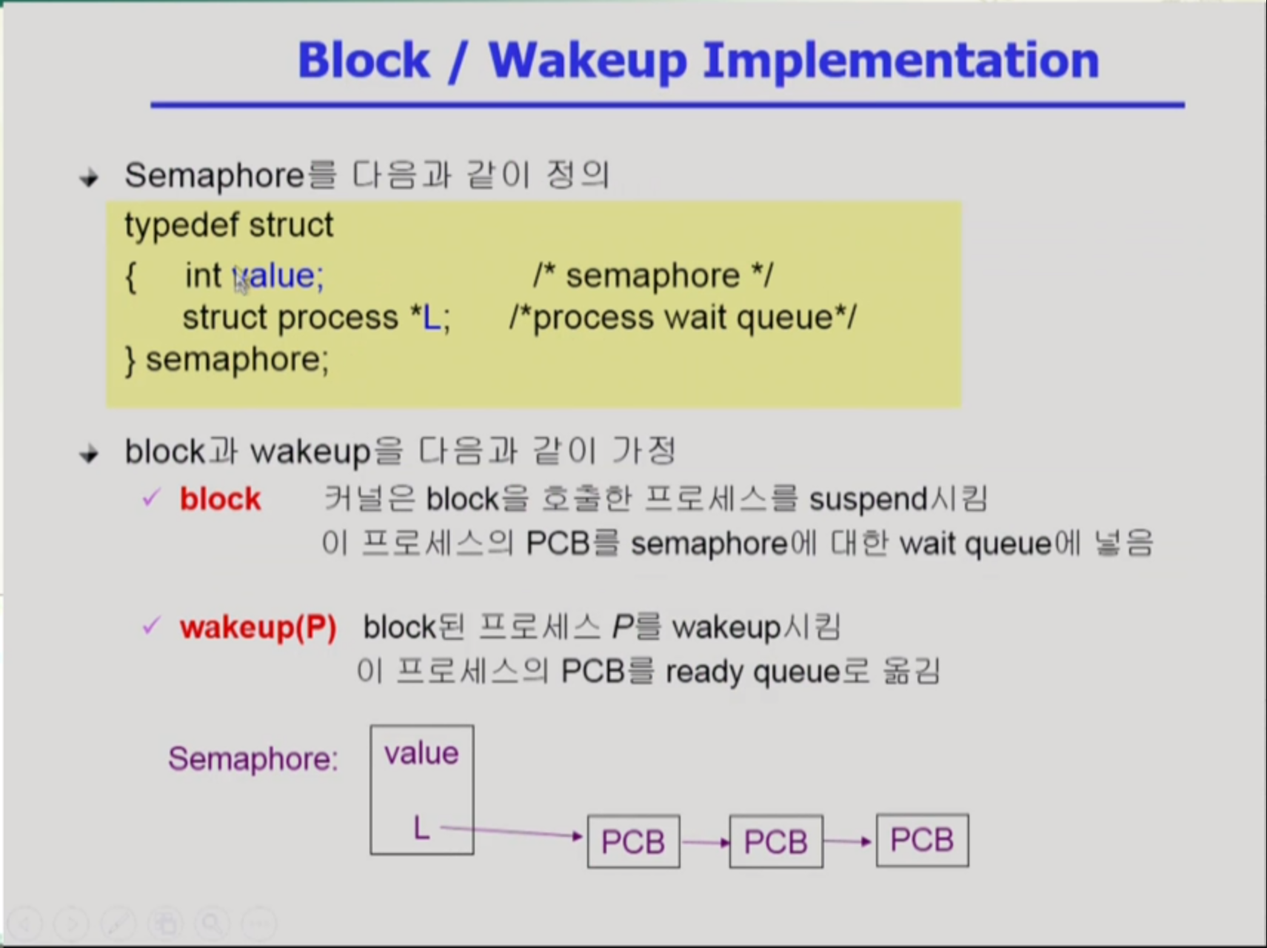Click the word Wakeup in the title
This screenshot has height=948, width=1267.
click(588, 61)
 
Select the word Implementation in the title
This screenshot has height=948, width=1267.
click(900, 61)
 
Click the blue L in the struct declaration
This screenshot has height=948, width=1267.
click(431, 318)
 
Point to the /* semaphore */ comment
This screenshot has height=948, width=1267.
click(653, 276)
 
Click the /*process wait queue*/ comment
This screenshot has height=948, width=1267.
click(683, 318)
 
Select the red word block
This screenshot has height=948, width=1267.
click(220, 499)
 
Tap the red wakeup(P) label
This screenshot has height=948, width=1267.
click(258, 628)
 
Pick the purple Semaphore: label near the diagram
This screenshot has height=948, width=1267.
click(253, 758)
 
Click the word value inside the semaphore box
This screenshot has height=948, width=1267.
click(421, 753)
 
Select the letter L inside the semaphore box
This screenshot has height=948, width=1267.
click(421, 827)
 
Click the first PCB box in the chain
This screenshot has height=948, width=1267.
click(633, 841)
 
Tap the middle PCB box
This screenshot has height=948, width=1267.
click(776, 841)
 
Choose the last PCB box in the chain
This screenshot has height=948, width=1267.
click(922, 840)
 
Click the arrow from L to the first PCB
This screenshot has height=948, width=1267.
click(512, 832)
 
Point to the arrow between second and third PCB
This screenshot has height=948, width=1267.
click(848, 841)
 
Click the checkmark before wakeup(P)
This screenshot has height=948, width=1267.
click(151, 627)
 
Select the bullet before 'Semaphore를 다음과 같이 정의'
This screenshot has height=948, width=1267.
click(89, 178)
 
